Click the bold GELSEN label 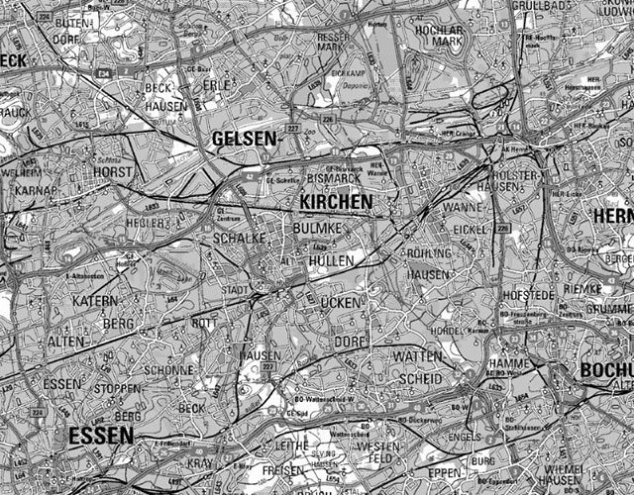coord(244,140)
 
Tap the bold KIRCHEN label coord(335,202)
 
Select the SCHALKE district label coord(239,239)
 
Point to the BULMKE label coord(317,229)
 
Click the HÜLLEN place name coord(330,259)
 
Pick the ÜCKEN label coord(343,301)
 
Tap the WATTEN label coord(417,354)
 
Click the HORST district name coord(112,172)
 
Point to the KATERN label coord(95,299)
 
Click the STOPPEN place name coord(118,388)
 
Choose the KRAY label coord(200,462)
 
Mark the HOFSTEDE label coord(526,294)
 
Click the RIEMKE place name coord(581,288)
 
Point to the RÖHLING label coord(428,253)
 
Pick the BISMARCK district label coord(329,179)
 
